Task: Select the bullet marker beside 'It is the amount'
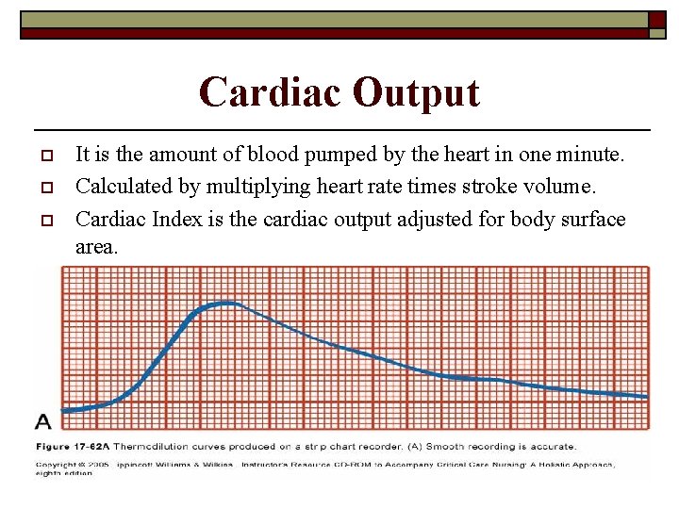coord(43,154)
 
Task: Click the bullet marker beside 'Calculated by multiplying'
coord(43,187)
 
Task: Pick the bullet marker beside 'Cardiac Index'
coord(43,220)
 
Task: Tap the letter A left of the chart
coord(43,421)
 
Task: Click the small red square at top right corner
coord(656,20)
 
